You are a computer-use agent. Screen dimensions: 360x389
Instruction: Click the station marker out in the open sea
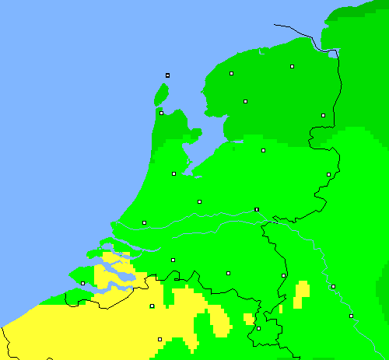point(167,75)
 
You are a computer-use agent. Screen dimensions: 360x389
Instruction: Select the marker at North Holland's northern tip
point(161,113)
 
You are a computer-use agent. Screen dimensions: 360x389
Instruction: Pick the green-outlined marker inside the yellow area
point(152,306)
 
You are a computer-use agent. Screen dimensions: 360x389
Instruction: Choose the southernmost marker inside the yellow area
point(159,339)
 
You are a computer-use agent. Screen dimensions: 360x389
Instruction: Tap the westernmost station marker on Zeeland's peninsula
point(82,283)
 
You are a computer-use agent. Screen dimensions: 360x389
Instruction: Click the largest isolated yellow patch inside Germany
point(302,291)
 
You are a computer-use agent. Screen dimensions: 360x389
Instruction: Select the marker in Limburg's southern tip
point(258,328)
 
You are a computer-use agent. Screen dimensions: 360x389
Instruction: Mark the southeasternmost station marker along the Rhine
point(351,316)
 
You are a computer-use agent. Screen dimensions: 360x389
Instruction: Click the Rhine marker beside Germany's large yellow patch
point(333,286)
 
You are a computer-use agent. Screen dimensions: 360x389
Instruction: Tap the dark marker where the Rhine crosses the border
point(256,209)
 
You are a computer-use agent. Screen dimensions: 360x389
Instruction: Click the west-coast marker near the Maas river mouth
point(144,222)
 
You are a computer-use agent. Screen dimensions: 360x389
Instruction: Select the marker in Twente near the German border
point(328,174)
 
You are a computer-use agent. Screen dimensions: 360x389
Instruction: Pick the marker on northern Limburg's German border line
point(283,275)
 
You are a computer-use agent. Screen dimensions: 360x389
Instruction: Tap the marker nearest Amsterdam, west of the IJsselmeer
point(173,173)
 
